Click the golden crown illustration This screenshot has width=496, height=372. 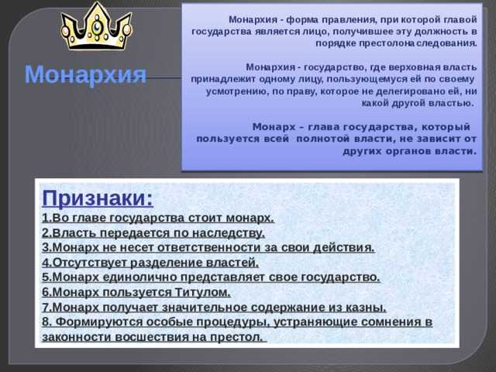coord(95,27)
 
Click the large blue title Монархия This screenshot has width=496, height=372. coord(85,75)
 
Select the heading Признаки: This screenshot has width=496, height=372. coord(98,198)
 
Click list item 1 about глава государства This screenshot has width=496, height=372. coord(158,218)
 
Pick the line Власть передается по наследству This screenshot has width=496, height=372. coord(153,232)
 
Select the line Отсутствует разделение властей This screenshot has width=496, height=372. coord(150,262)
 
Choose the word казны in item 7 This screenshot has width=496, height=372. coord(367,307)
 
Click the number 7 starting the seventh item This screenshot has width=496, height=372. coord(46,307)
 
